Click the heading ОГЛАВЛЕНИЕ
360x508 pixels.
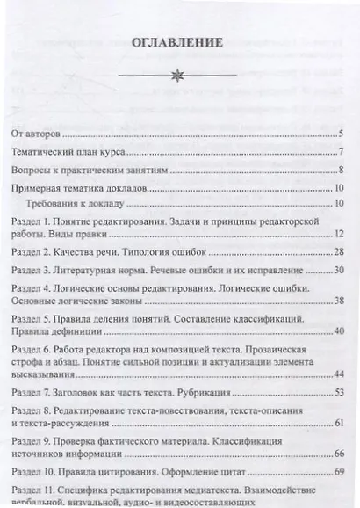[180, 42]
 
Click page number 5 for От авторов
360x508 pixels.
[339, 134]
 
